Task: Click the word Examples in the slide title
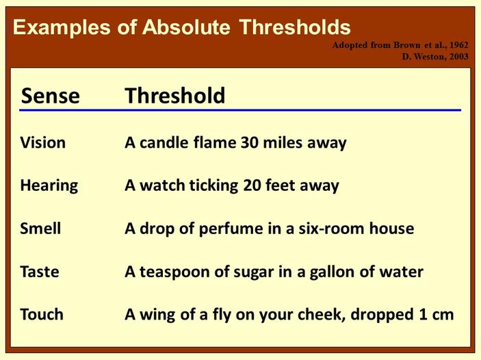[x=55, y=27]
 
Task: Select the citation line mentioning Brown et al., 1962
[x=400, y=45]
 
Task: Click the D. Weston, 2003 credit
[x=435, y=56]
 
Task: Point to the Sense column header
[x=50, y=96]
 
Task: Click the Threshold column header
[x=174, y=96]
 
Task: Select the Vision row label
[x=43, y=143]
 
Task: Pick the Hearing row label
[x=49, y=185]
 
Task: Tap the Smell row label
[x=40, y=229]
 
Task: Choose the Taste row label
[x=40, y=272]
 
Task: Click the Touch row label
[x=42, y=315]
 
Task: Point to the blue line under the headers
[x=239, y=110]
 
